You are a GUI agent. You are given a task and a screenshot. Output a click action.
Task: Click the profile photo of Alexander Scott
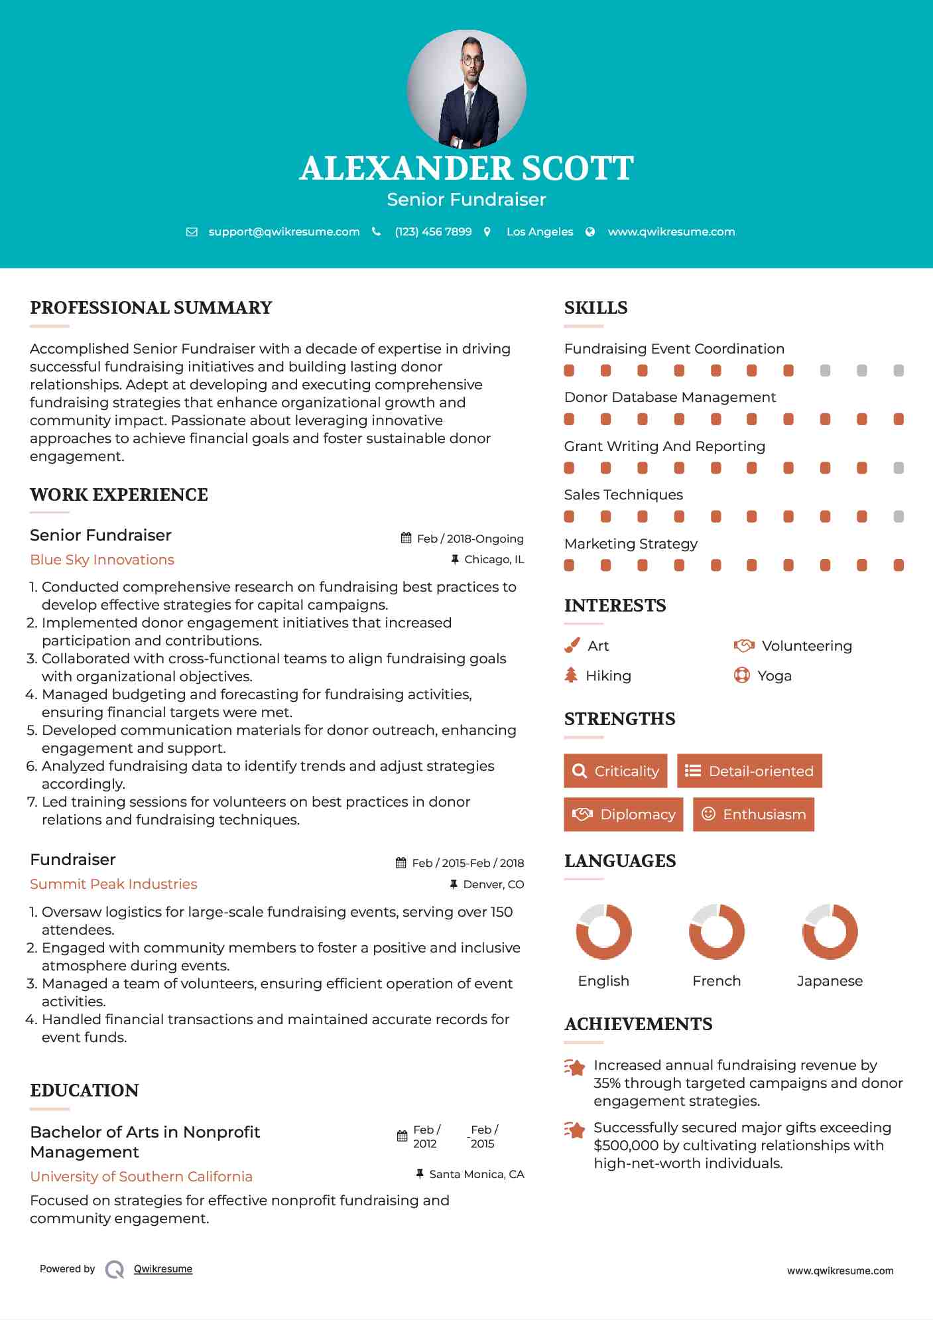pos(466,89)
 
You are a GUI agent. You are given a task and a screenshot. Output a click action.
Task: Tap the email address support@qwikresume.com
pos(284,231)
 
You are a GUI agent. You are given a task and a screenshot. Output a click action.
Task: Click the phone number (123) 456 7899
pos(433,231)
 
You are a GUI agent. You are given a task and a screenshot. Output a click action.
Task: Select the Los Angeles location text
pos(539,231)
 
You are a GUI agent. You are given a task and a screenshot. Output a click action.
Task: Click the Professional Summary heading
pos(151,308)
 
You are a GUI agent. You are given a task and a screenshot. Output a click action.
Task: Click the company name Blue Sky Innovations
pos(102,560)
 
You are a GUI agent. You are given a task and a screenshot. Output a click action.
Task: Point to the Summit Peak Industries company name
pos(113,884)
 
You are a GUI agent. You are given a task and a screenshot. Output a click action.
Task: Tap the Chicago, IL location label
pos(493,560)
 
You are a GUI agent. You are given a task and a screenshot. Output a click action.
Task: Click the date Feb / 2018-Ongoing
pos(469,539)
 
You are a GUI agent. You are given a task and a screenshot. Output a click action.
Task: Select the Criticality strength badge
pos(615,771)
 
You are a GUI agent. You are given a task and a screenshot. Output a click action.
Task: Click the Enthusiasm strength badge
pos(753,814)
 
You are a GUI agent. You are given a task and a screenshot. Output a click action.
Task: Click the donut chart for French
pos(716,931)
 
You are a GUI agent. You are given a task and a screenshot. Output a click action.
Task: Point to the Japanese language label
pos(830,981)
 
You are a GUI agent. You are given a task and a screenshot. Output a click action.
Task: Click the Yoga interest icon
pos(741,675)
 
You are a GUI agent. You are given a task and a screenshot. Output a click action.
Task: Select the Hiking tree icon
pos(570,675)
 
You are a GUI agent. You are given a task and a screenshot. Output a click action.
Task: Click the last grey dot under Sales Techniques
pos(899,517)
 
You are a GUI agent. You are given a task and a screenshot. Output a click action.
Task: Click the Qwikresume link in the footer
pos(163,1269)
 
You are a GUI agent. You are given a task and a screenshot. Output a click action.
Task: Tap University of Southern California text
pos(141,1177)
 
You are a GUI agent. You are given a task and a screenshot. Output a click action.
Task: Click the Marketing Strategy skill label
pos(631,544)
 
